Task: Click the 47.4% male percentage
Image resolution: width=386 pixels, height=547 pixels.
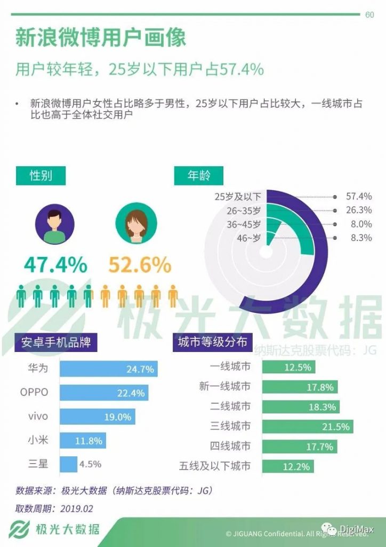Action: click(55, 265)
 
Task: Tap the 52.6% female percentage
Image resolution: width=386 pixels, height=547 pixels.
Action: click(140, 265)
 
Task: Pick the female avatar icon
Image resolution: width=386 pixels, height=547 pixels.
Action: click(136, 224)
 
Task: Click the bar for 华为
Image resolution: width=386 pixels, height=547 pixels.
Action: click(108, 369)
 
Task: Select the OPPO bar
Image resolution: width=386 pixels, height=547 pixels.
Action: click(103, 393)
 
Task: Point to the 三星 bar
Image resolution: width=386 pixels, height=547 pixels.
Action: click(68, 464)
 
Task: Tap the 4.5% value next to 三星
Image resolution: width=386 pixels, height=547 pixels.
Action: click(90, 464)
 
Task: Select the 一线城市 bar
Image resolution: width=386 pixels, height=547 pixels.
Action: click(288, 367)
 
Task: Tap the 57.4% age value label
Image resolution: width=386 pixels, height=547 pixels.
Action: click(359, 197)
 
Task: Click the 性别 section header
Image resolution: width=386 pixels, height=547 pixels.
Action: click(41, 176)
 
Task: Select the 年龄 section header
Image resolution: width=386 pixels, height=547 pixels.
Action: click(199, 176)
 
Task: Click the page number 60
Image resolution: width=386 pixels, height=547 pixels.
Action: click(369, 15)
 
